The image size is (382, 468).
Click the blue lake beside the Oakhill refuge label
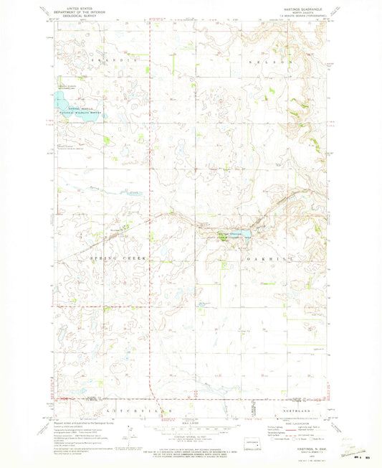coord(247,234)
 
